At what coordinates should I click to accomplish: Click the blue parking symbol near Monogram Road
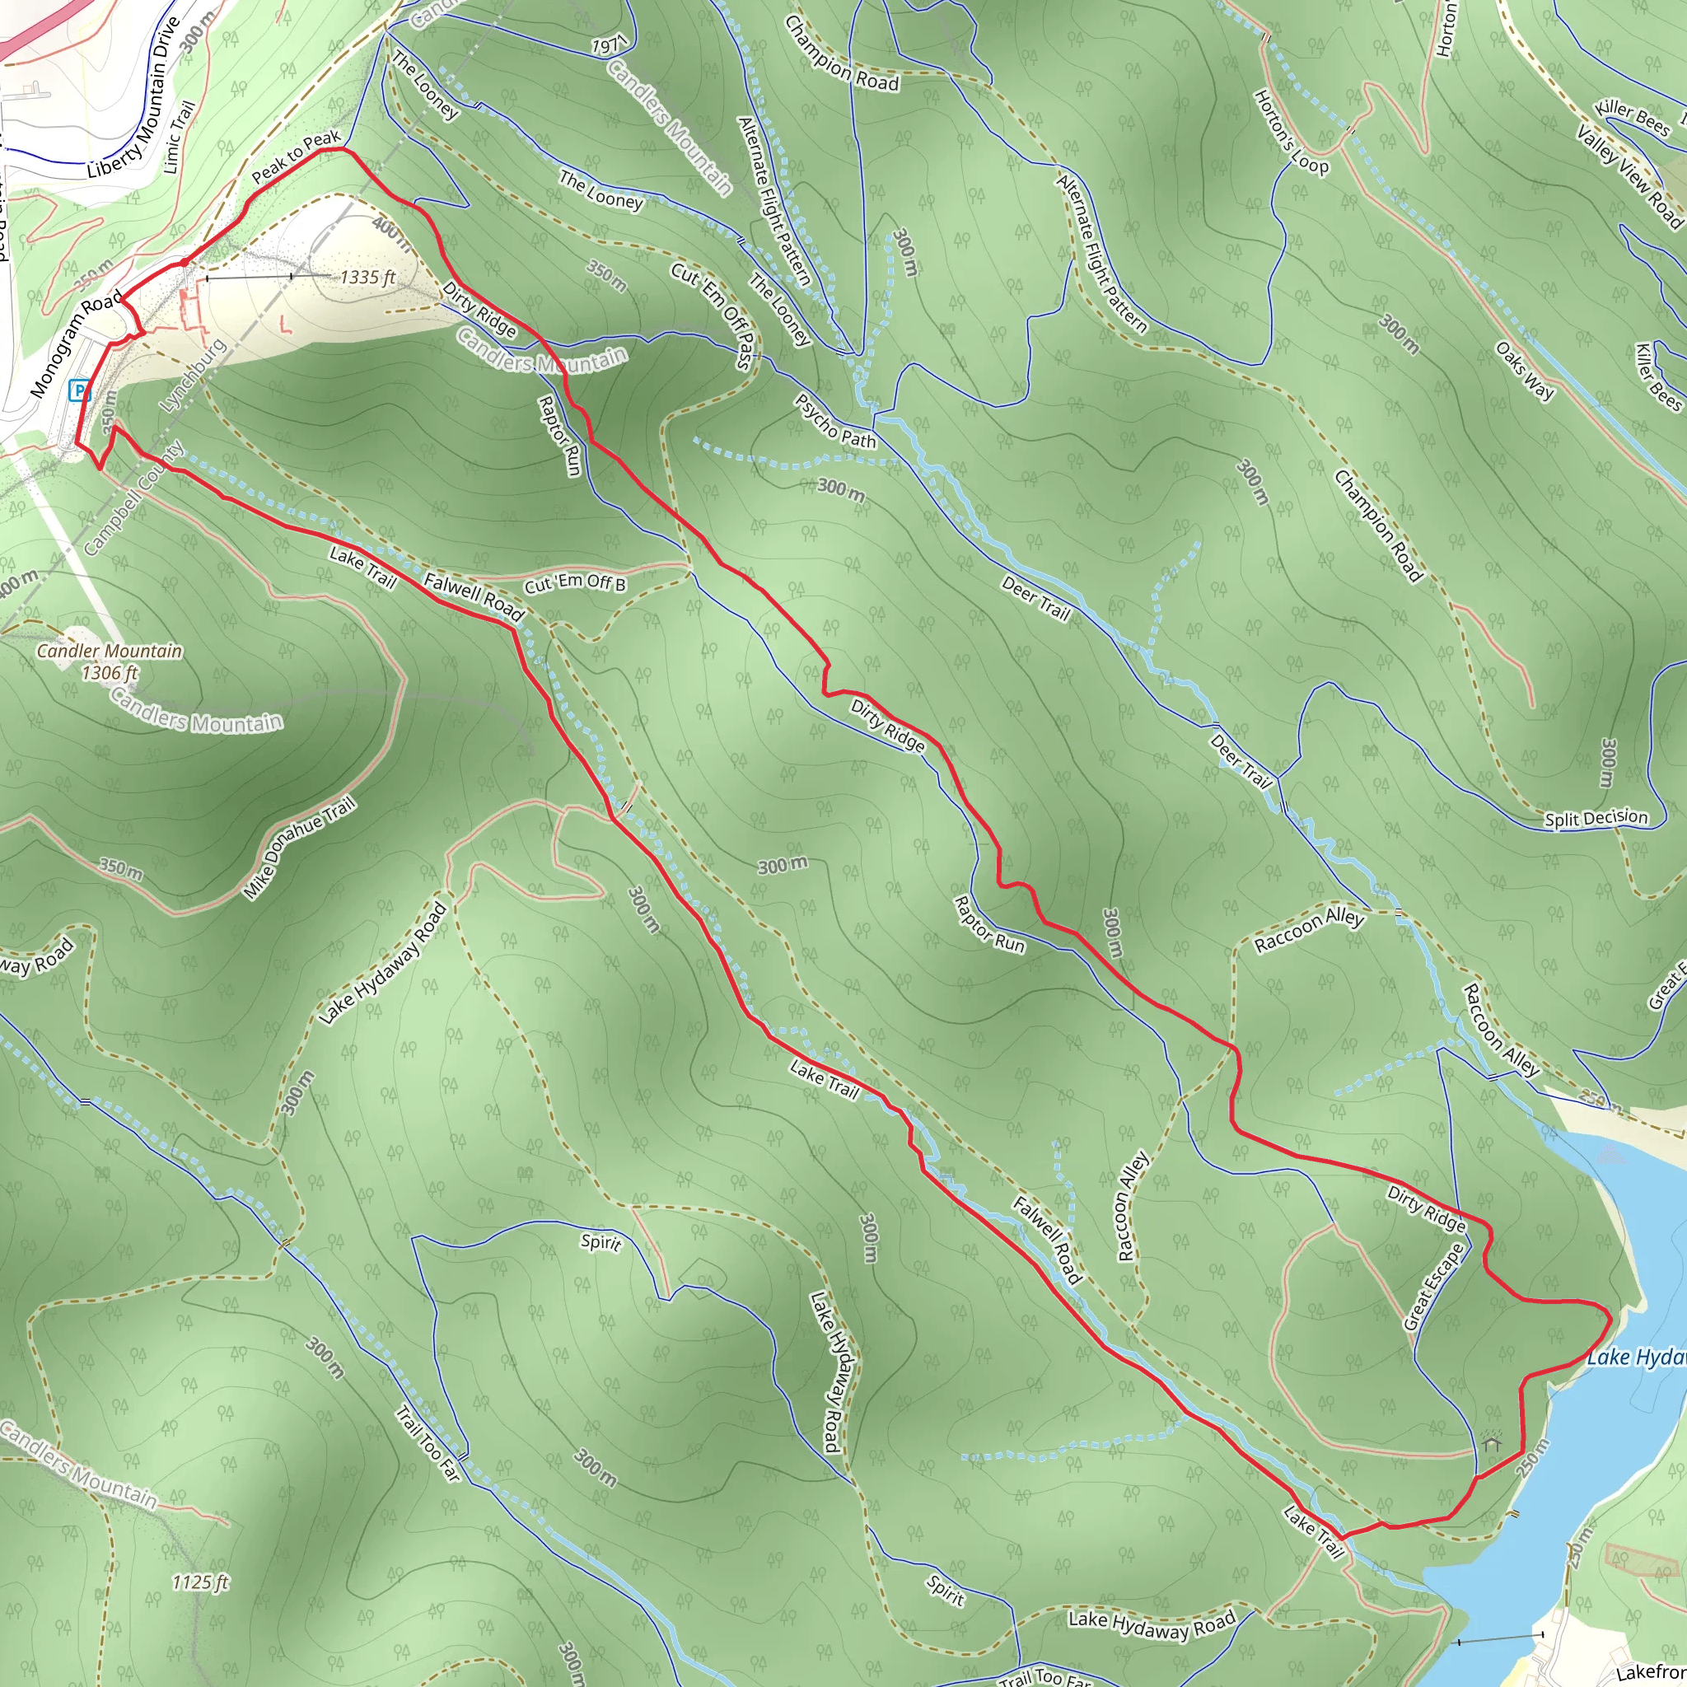[x=81, y=391]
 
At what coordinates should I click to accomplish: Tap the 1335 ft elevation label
[x=367, y=278]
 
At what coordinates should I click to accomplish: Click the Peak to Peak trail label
[x=296, y=157]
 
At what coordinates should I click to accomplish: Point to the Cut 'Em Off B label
[x=575, y=584]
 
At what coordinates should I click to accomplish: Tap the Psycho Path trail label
[x=834, y=422]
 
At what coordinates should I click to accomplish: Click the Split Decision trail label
[x=1596, y=818]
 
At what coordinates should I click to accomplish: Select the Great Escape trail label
[x=1433, y=1287]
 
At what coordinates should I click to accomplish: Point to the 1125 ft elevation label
[x=200, y=1582]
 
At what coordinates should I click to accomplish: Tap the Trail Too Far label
[x=427, y=1443]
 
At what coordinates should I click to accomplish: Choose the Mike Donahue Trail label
[x=300, y=848]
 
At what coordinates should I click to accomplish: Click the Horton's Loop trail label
[x=1291, y=132]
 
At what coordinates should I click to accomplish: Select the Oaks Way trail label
[x=1525, y=370]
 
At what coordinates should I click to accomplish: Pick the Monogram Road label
[x=76, y=346]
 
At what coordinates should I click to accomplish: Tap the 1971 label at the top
[x=609, y=46]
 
